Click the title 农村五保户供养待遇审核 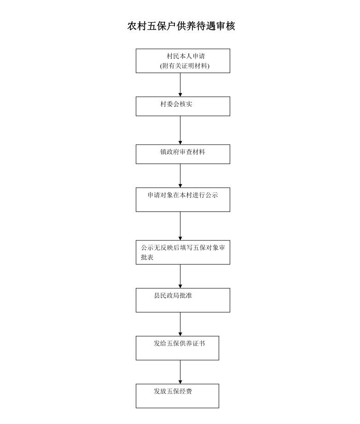tap(181, 26)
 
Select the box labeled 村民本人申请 tap(183, 61)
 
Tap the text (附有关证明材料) tap(185, 66)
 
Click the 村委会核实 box tap(183, 106)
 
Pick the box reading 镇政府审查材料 tap(183, 154)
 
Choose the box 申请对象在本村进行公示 tap(183, 199)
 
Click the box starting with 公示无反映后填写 tap(183, 252)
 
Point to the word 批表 tap(147, 257)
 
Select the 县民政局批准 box tap(183, 300)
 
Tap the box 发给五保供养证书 tap(177, 348)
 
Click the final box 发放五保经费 tap(177, 396)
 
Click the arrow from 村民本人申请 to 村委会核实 tap(180, 85)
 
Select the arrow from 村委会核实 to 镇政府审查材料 tap(180, 130)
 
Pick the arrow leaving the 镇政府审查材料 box tap(180, 175)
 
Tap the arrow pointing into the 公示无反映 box tap(180, 226)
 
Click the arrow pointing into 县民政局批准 tap(180, 276)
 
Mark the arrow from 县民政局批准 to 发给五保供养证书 tap(180, 324)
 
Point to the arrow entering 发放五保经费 tap(180, 372)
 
